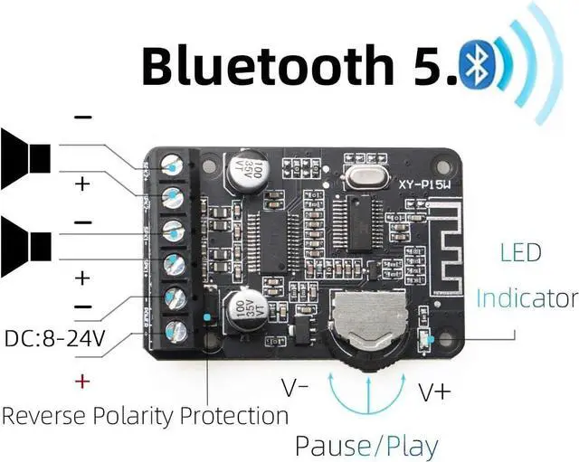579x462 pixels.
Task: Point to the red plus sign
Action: pyautogui.click(x=82, y=381)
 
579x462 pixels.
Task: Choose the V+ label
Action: pyautogui.click(x=435, y=391)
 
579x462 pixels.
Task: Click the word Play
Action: pyautogui.click(x=408, y=445)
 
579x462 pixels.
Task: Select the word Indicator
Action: pyautogui.click(x=527, y=297)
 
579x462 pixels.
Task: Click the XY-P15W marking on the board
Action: pyautogui.click(x=430, y=186)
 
